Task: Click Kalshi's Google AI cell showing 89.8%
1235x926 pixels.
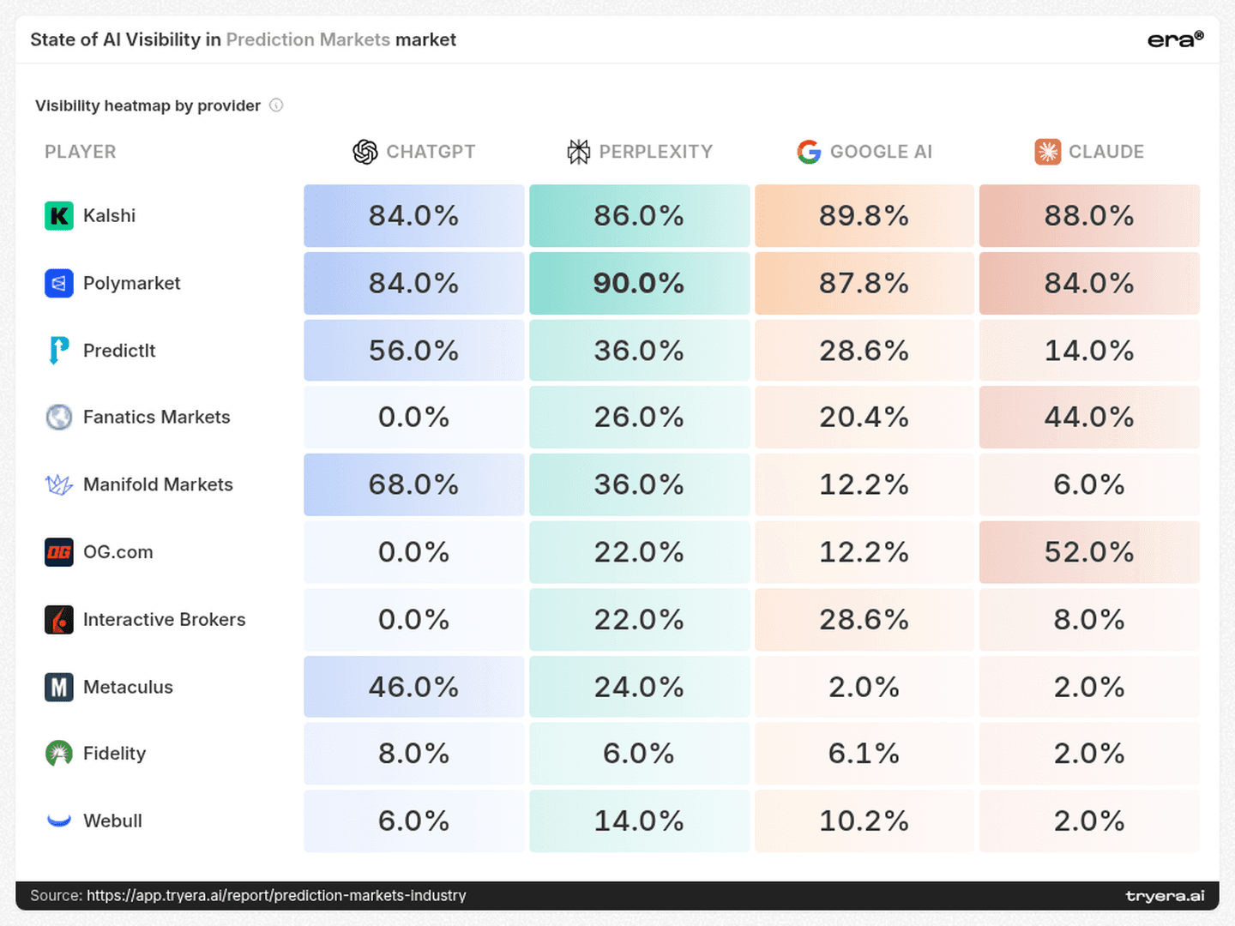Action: [864, 216]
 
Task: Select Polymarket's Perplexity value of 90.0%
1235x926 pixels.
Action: [639, 283]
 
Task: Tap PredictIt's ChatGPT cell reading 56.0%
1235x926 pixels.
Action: [414, 351]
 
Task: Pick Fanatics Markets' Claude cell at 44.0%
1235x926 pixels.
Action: [1089, 418]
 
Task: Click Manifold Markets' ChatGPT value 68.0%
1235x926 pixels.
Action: [414, 484]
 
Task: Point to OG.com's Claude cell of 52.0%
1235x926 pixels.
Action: [1089, 552]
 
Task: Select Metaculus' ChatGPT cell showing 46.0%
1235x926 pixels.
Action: [414, 687]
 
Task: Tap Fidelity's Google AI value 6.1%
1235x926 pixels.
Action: [864, 754]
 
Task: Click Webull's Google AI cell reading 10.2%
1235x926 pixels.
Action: [864, 821]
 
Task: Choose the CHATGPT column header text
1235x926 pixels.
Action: [431, 152]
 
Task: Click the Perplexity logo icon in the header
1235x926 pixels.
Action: [578, 152]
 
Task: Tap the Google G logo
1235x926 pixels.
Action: [809, 152]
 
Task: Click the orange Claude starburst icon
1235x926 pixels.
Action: [1048, 152]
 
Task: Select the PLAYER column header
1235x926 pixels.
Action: [81, 152]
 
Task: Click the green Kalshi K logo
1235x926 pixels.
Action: [59, 216]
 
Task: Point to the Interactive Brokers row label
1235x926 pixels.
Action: [165, 620]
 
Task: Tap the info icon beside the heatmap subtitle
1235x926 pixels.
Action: [276, 105]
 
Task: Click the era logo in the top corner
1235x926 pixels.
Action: [1175, 39]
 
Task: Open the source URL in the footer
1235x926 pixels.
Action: [276, 895]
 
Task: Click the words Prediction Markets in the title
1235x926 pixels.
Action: [308, 39]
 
